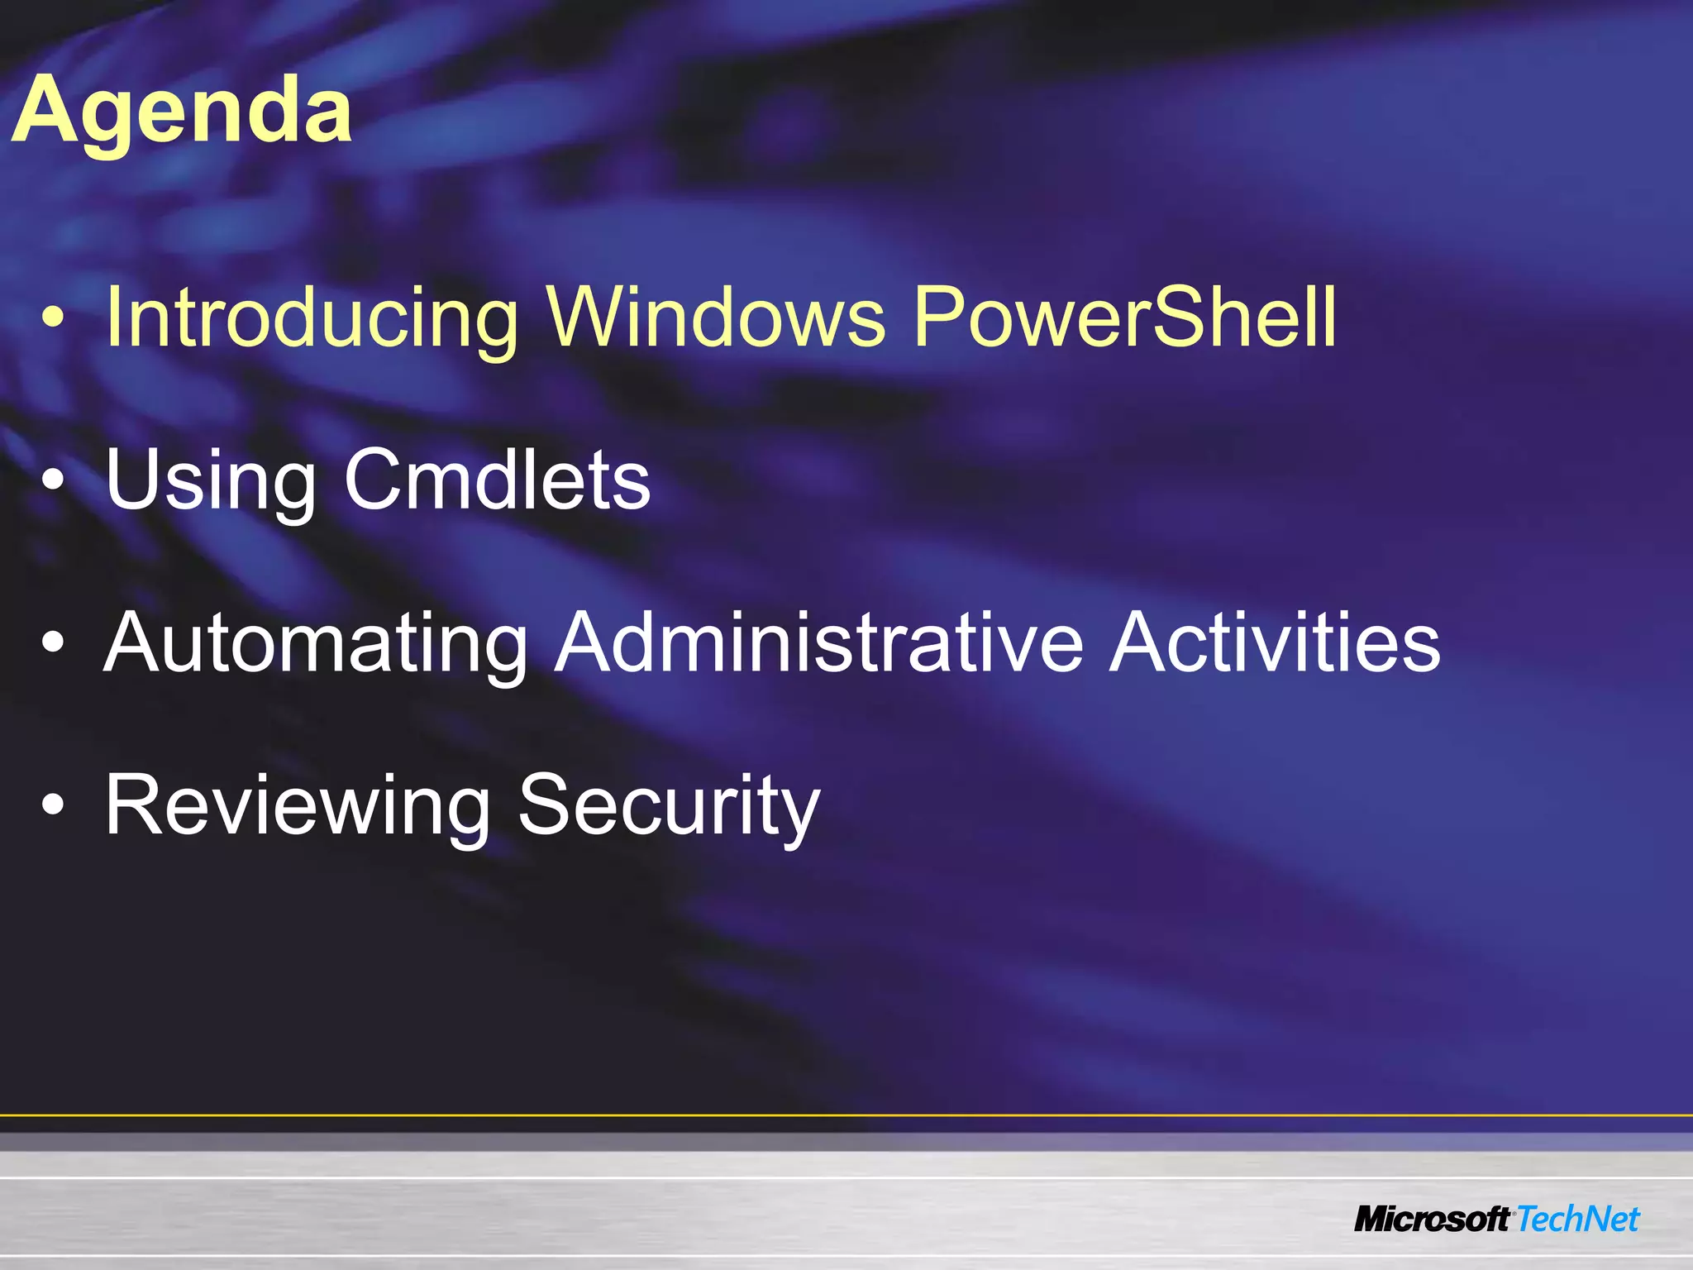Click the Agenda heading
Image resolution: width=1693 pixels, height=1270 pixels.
click(182, 112)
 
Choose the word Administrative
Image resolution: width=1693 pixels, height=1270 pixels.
click(818, 642)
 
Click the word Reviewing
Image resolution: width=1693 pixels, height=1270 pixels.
click(298, 805)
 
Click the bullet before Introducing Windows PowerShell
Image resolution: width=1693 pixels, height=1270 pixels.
click(52, 321)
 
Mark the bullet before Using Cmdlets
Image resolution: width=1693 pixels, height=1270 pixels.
click(52, 483)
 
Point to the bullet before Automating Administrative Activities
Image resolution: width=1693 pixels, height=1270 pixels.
click(52, 646)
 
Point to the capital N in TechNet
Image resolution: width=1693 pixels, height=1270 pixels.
click(1588, 1220)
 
